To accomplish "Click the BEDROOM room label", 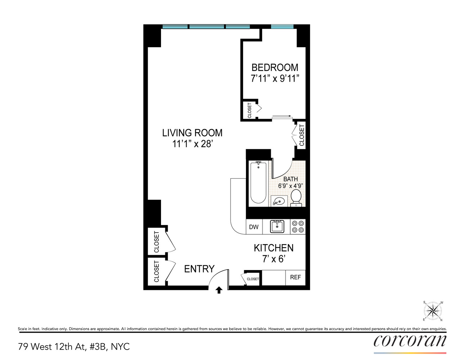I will tap(275, 67).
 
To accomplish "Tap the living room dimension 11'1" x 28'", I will tap(192, 144).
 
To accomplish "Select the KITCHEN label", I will tap(273, 248).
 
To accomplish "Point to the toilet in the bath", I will tap(296, 198).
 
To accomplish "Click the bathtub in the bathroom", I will tap(258, 183).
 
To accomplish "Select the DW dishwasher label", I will tap(254, 227).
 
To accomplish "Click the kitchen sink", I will tap(277, 226).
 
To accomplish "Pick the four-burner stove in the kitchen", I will tap(298, 226).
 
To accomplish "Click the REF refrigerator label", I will tap(295, 277).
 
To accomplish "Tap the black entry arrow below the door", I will tap(219, 290).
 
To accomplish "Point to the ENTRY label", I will tap(199, 269).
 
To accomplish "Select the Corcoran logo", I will tap(410, 341).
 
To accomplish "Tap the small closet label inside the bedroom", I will tap(250, 111).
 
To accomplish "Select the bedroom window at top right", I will tap(282, 26).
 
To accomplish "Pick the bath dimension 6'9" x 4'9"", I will tap(290, 186).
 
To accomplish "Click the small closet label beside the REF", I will tap(253, 279).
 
